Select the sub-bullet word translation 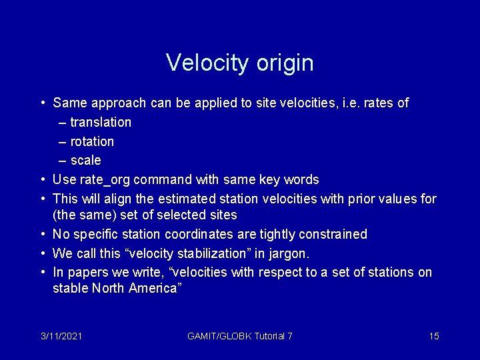pyautogui.click(x=101, y=122)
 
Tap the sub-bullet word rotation pyautogui.click(x=92, y=141)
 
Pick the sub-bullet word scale pyautogui.click(x=85, y=161)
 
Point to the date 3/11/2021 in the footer pyautogui.click(x=61, y=336)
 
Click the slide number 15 pyautogui.click(x=434, y=336)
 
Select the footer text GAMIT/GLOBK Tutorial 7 pyautogui.click(x=240, y=336)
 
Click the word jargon pyautogui.click(x=289, y=254)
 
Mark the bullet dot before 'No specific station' pyautogui.click(x=43, y=234)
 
